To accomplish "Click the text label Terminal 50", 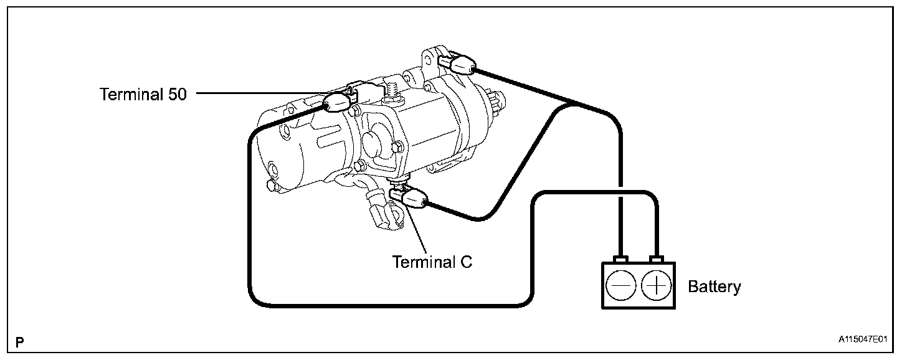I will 143,95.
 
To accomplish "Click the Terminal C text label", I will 432,261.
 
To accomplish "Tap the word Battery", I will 714,287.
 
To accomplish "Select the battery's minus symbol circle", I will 620,285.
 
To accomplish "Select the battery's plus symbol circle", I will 657,285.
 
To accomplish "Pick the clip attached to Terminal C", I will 412,200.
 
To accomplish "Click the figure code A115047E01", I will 863,339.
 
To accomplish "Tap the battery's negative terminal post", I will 620,258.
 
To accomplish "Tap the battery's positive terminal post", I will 657,258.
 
